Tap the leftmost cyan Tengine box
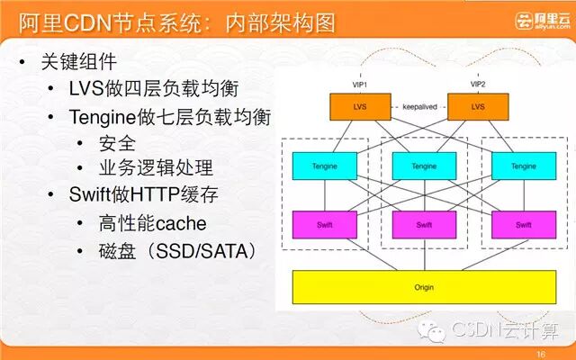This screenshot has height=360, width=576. (324, 166)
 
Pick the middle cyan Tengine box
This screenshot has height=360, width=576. (424, 166)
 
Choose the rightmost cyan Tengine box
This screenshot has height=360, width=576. (523, 166)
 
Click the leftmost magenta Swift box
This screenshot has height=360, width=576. (324, 225)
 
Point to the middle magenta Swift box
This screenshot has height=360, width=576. (424, 225)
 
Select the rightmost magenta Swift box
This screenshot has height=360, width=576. (523, 225)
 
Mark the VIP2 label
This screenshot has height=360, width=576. (478, 84)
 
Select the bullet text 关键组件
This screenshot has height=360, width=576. (79, 63)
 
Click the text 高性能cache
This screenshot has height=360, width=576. (153, 223)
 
